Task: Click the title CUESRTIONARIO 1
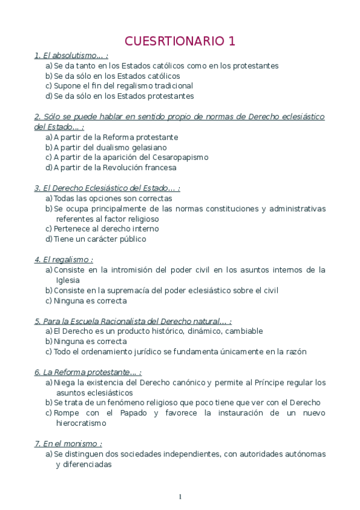coord(180,41)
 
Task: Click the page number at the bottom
coord(180,496)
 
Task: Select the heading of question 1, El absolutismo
coord(71,56)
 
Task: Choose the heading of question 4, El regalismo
coord(64,260)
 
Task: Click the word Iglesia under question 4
coord(67,280)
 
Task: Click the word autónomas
coord(299,454)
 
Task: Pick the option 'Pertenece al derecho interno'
coord(106,229)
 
